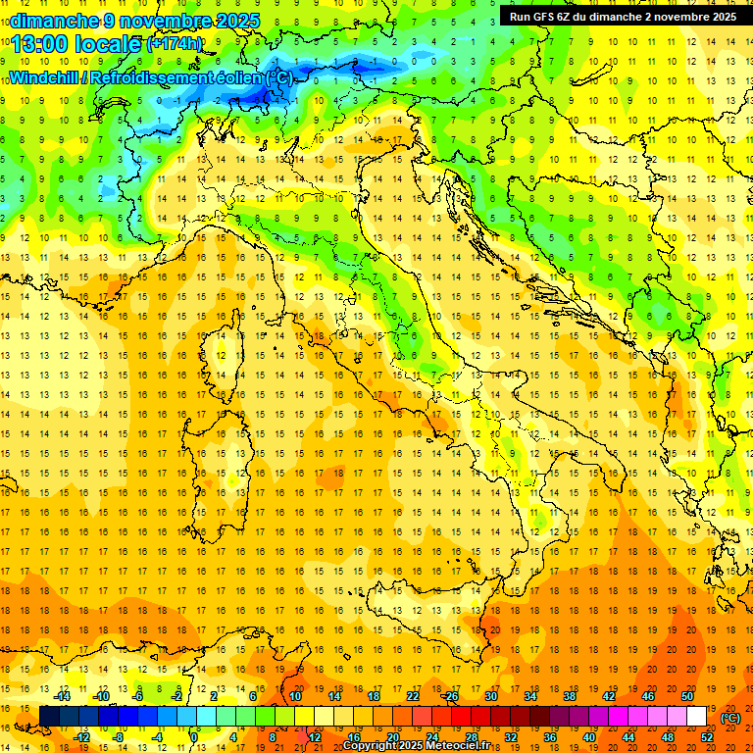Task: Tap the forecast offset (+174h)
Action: pyautogui.click(x=174, y=44)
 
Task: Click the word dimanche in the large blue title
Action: pyautogui.click(x=54, y=20)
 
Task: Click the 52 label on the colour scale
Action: pyautogui.click(x=707, y=737)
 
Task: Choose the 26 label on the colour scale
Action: pyautogui.click(x=451, y=696)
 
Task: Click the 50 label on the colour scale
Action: pyautogui.click(x=686, y=696)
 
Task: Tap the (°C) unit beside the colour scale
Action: pyautogui.click(x=730, y=717)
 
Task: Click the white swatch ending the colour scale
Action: pyautogui.click(x=696, y=717)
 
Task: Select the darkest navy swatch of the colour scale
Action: pyautogui.click(x=49, y=717)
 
